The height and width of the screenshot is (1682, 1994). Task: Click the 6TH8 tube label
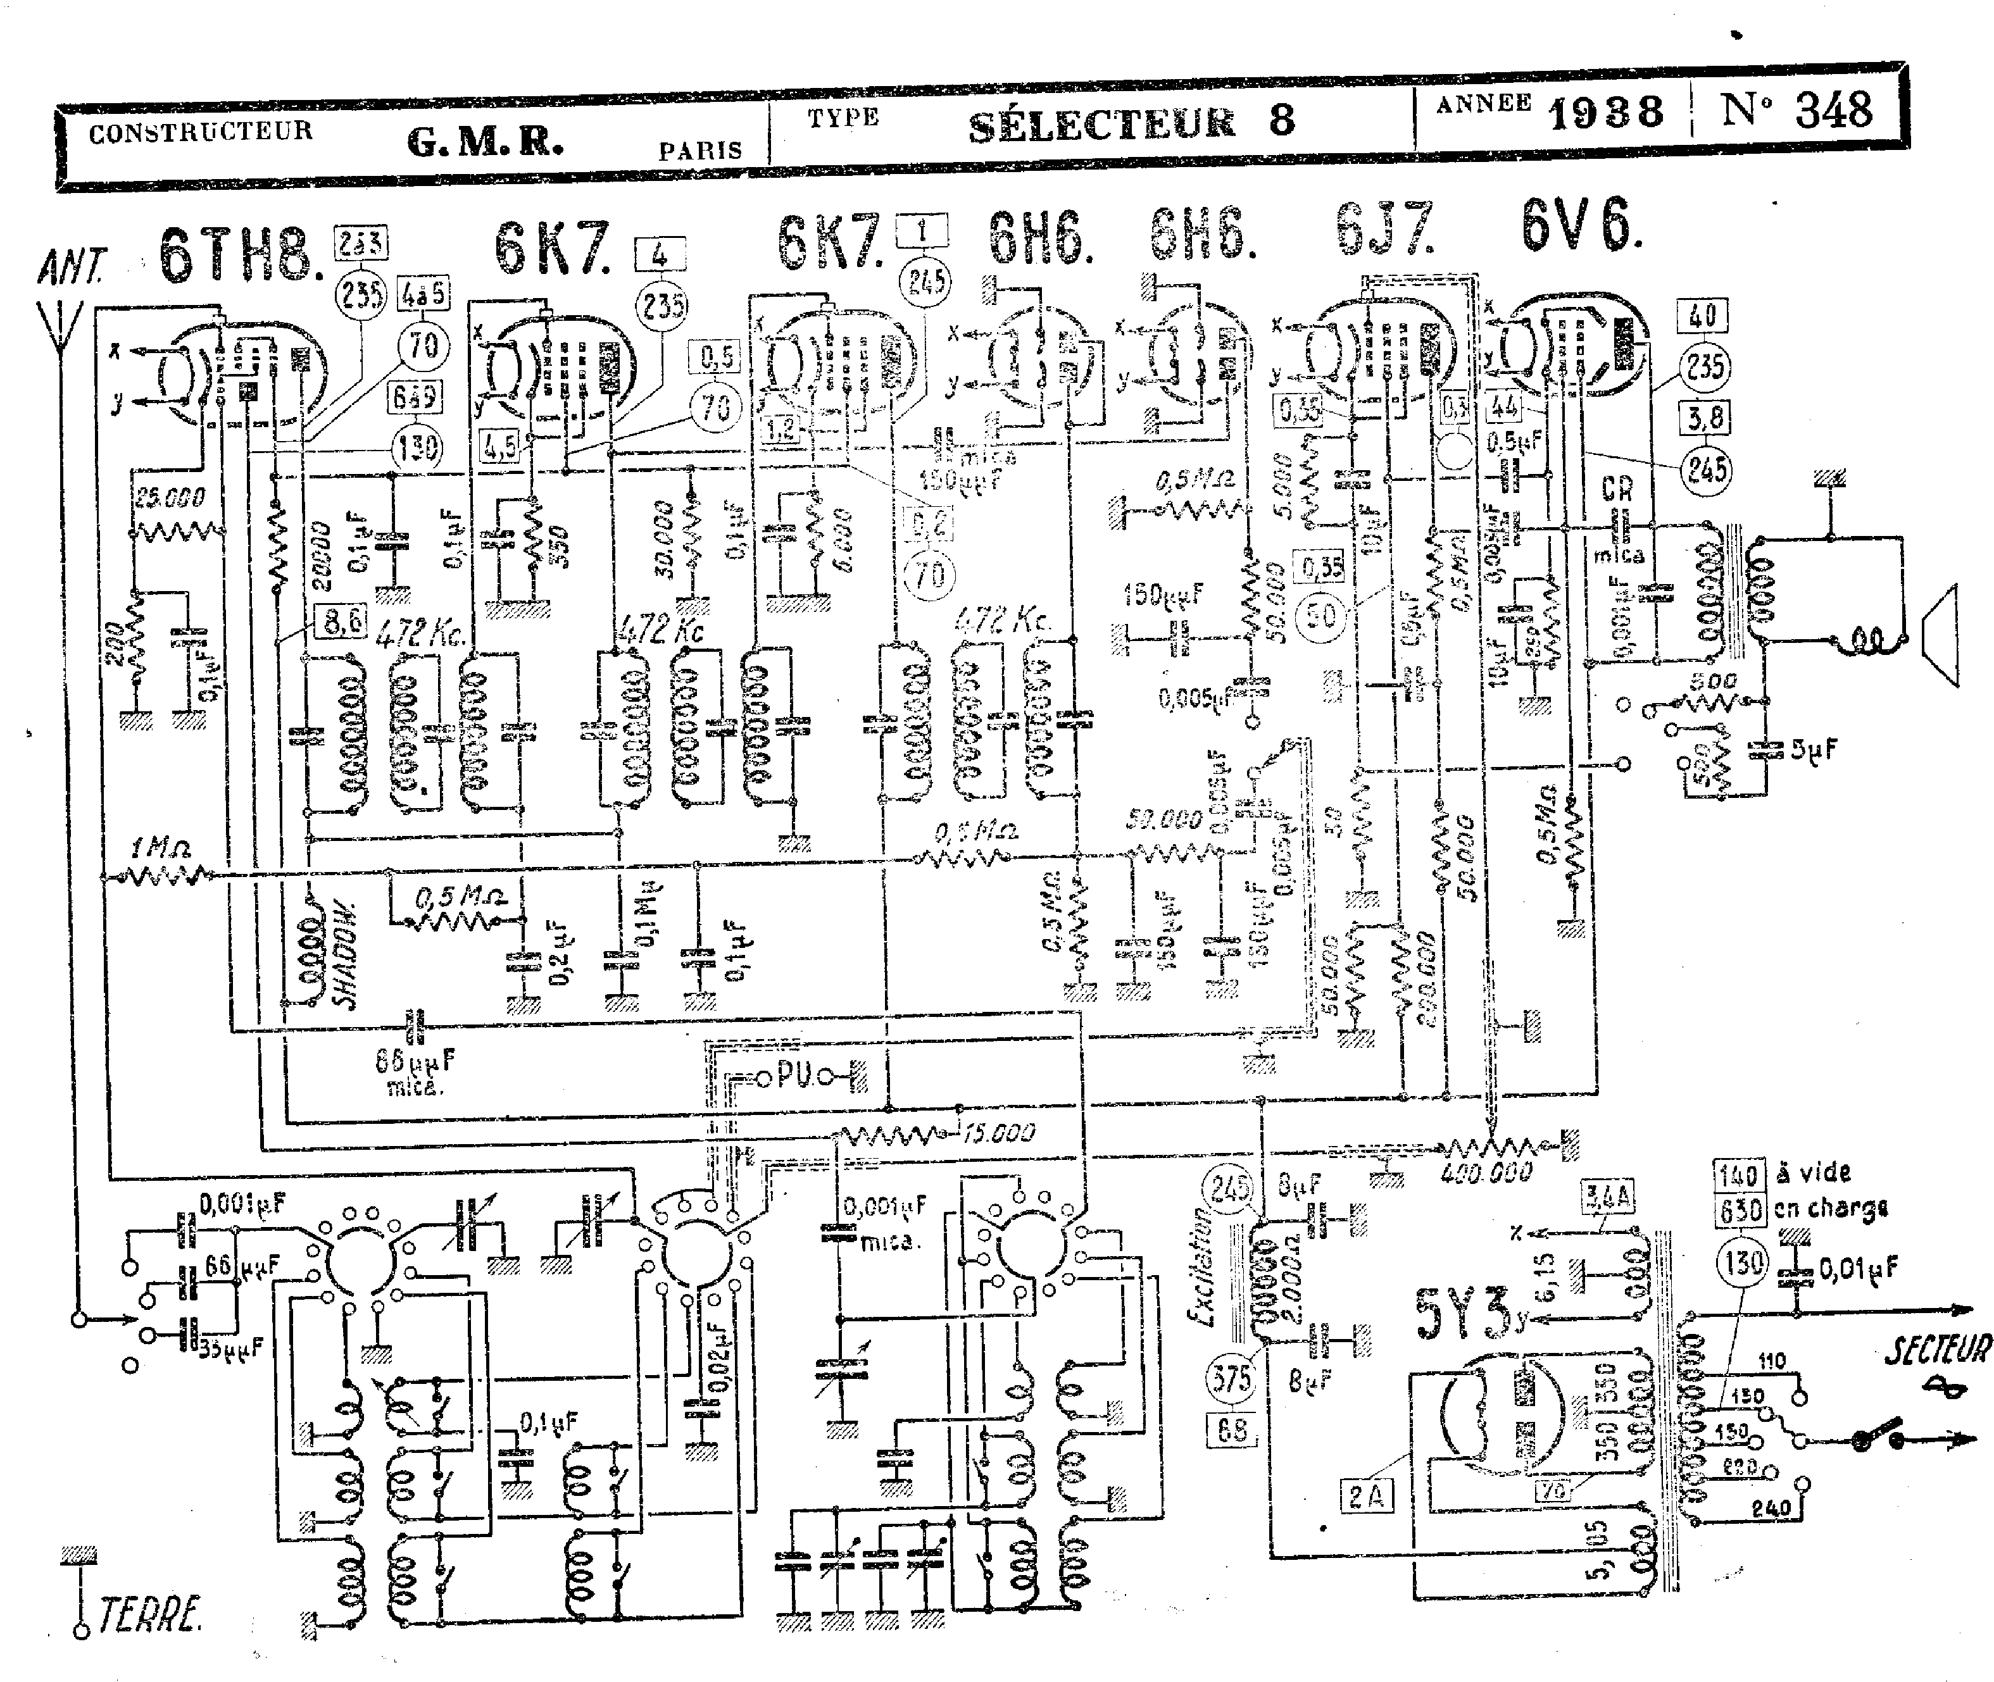pyautogui.click(x=239, y=254)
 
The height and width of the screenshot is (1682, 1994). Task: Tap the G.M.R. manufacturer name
pyautogui.click(x=484, y=142)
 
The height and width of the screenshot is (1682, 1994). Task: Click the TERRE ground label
pyautogui.click(x=150, y=1614)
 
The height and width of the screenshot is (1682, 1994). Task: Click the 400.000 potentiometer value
pyautogui.click(x=1486, y=1173)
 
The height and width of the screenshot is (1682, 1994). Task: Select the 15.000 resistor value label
pyautogui.click(x=998, y=1133)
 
